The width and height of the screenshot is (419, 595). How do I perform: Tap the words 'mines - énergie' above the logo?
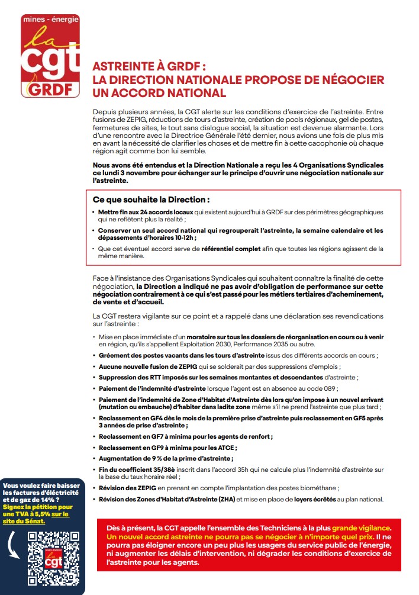50,20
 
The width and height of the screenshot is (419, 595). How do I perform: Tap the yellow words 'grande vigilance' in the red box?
360,526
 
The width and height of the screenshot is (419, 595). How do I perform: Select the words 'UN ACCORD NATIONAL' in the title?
159,92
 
